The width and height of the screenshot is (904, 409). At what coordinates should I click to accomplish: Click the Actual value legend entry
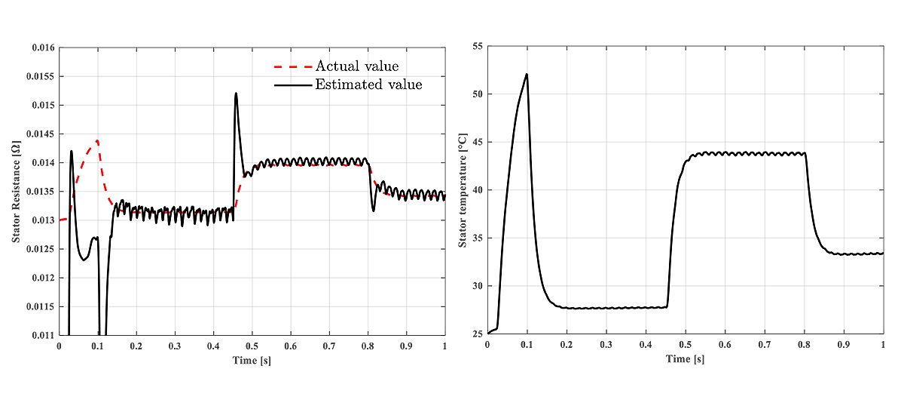[356, 66]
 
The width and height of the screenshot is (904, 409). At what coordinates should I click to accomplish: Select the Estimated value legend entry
[368, 85]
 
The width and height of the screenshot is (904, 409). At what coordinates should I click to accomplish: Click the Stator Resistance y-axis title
[16, 190]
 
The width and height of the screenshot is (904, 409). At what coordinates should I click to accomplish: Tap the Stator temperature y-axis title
[463, 190]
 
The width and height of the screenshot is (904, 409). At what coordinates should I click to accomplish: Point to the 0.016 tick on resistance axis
[44, 48]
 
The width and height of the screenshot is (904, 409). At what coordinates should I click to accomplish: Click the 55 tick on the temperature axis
[475, 47]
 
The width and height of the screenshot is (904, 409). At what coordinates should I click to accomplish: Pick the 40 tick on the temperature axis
[475, 190]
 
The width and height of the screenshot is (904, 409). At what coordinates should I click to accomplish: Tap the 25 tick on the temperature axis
[475, 334]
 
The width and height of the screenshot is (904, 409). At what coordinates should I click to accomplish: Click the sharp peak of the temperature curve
[527, 74]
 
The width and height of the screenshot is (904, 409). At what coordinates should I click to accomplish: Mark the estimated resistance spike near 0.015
[236, 94]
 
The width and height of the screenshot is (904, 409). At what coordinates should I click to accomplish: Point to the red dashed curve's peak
[97, 140]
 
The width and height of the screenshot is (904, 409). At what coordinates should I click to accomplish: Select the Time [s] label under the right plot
[685, 358]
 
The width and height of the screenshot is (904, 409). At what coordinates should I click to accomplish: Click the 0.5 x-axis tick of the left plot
[252, 346]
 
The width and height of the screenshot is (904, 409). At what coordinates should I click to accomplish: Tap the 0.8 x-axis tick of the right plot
[804, 345]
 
